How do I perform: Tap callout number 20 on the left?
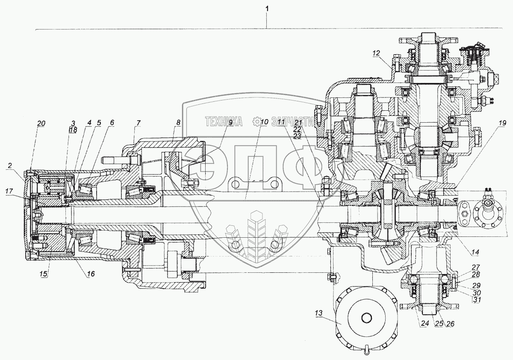point(41,123)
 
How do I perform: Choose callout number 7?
point(138,123)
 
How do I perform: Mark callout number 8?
point(178,122)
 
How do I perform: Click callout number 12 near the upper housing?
point(376,53)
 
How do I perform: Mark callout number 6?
point(112,122)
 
